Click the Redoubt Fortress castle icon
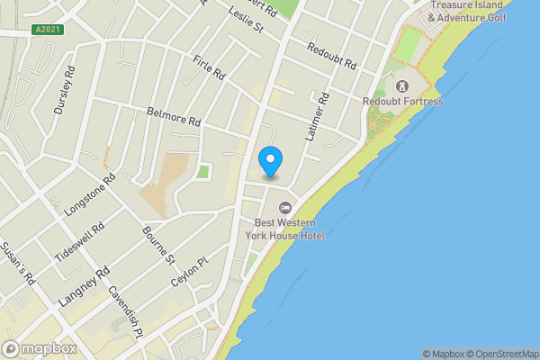click(401, 86)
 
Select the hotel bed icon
click(286, 207)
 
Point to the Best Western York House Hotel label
click(288, 228)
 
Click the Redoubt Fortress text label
click(402, 102)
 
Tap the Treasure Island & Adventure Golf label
click(468, 12)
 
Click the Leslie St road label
click(245, 19)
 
